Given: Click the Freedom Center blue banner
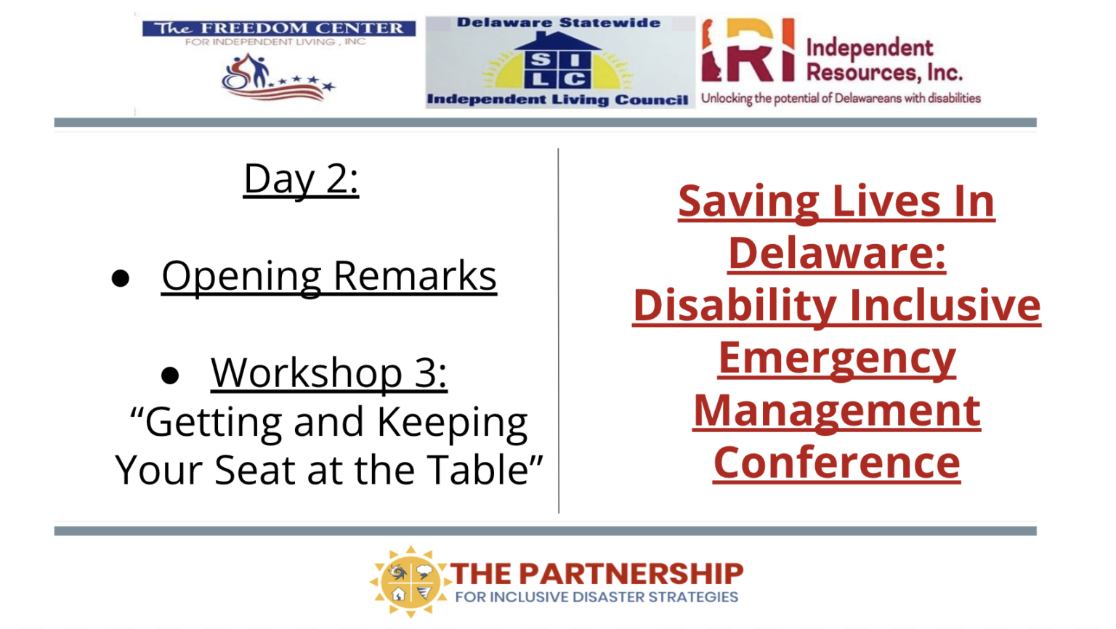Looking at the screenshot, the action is (x=278, y=28).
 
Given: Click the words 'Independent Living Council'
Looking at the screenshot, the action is (x=557, y=100).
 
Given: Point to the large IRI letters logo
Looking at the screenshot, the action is (x=748, y=50).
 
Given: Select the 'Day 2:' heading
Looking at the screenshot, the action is (x=301, y=179).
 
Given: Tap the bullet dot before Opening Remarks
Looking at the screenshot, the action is (x=120, y=278).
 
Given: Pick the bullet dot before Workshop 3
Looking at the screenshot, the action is (x=169, y=375).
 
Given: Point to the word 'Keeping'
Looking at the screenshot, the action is (x=452, y=423).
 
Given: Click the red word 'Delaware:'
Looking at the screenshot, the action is (x=836, y=253).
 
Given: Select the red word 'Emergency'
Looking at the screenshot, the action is (x=836, y=360).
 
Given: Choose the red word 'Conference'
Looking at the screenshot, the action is (x=836, y=463).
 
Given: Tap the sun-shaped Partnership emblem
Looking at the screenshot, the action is (x=410, y=581).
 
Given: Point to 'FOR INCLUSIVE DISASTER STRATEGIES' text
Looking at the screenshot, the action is (x=597, y=597).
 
